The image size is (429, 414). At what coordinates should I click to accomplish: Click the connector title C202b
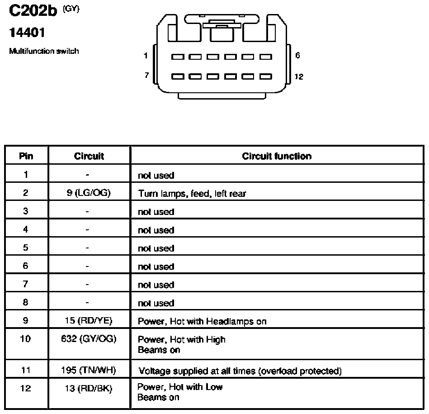point(33,11)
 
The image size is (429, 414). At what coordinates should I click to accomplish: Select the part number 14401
point(27,33)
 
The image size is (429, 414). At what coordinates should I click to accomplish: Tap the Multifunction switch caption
point(44,51)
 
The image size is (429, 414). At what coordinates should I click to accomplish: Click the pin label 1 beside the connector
point(146,56)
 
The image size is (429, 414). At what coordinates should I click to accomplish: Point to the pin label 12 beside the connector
point(299,76)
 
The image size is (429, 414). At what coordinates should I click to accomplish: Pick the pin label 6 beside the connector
point(297,56)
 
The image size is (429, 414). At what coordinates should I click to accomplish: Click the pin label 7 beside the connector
point(146,75)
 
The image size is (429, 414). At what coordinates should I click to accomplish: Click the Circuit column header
point(89,156)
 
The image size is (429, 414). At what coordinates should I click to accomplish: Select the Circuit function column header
point(277,156)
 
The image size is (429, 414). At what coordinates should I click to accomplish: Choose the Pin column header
point(26,156)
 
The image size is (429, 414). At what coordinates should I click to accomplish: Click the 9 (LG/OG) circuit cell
point(89,193)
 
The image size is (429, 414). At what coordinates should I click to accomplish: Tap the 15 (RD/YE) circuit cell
point(89,321)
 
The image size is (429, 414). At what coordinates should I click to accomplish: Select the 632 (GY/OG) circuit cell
point(89,339)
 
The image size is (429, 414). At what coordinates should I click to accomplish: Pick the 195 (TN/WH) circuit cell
point(89,370)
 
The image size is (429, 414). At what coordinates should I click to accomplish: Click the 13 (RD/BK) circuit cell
point(89,388)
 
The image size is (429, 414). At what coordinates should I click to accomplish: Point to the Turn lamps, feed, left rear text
point(192,194)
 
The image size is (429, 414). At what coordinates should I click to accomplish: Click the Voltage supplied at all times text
point(197,371)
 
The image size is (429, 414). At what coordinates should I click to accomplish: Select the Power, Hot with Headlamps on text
point(202,321)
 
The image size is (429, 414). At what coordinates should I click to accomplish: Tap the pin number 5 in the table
point(25,247)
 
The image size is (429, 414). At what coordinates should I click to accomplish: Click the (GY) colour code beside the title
point(71,9)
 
